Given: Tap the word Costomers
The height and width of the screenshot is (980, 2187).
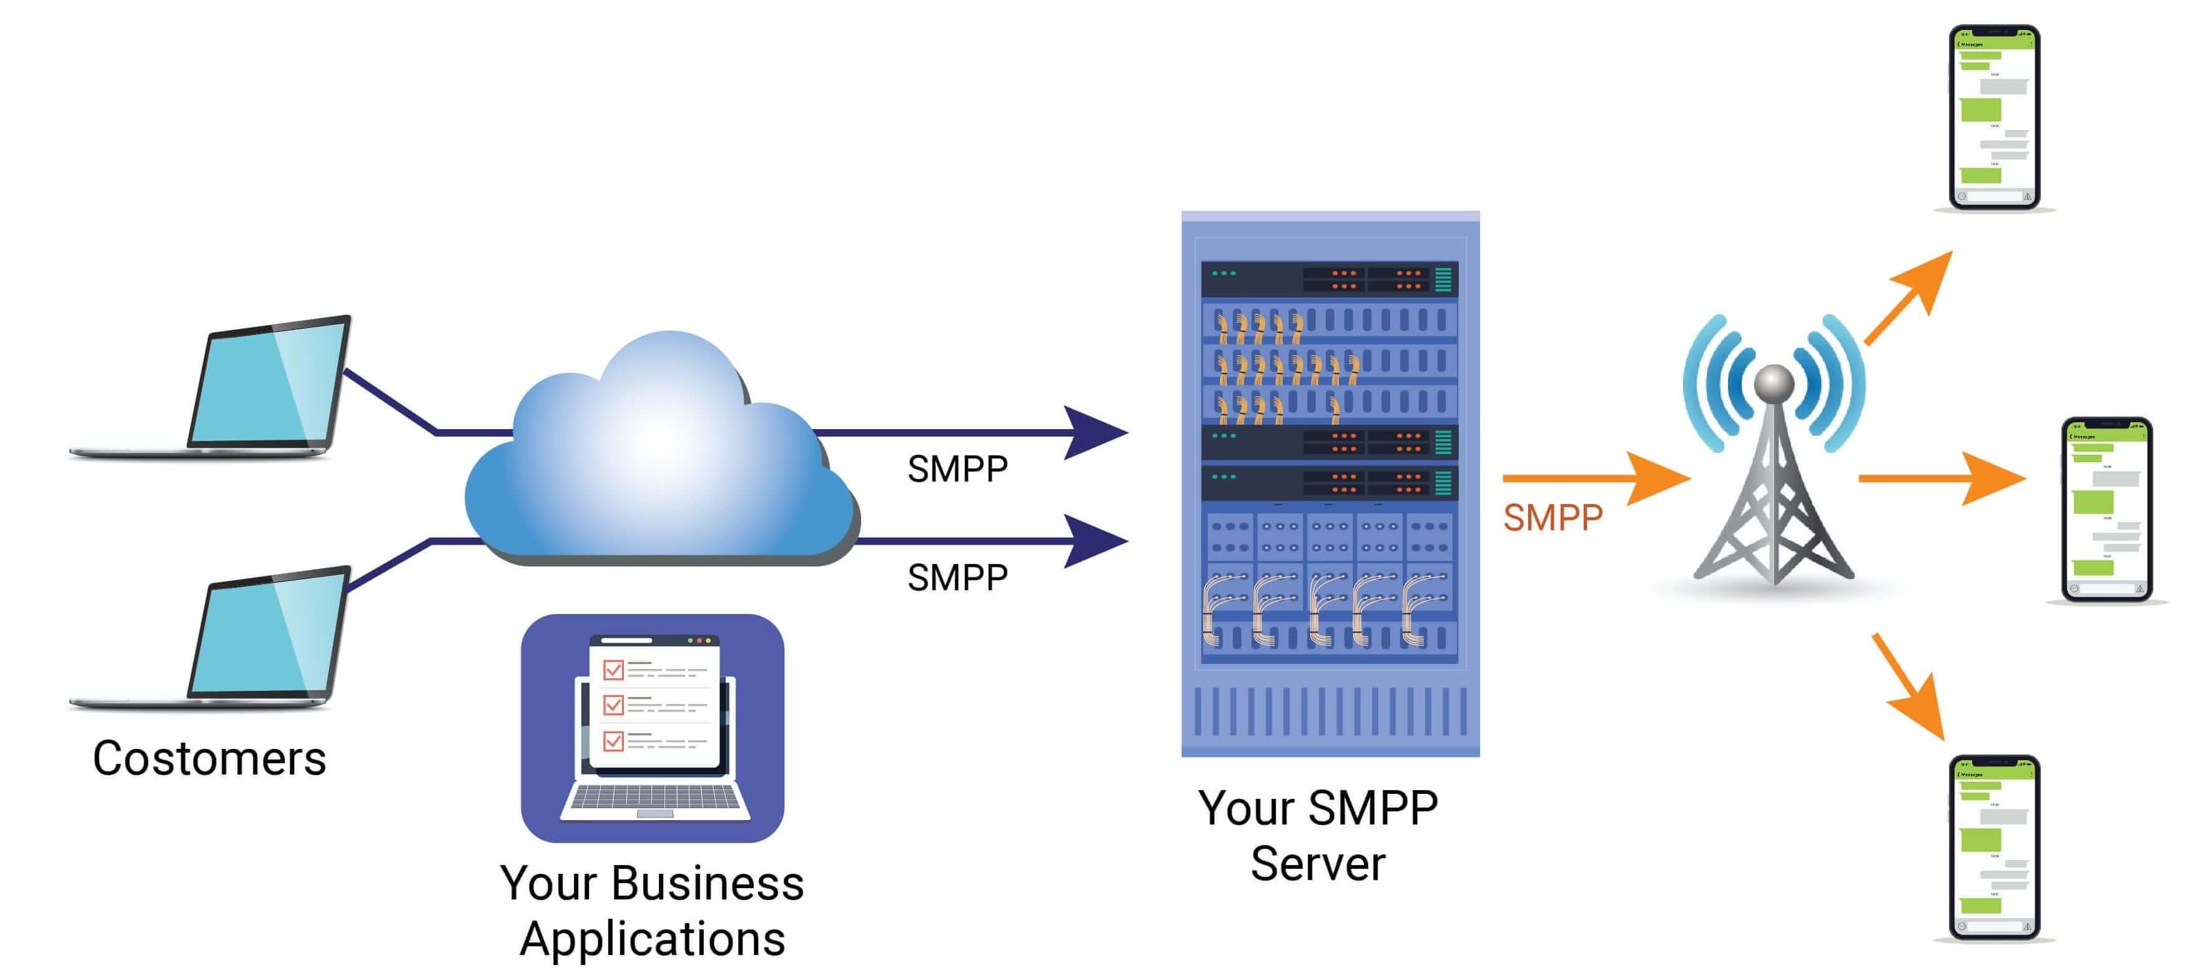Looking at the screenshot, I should click(209, 758).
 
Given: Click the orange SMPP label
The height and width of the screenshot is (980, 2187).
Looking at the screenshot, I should click(1552, 517).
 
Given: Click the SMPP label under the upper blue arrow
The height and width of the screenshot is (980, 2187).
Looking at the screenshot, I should click(957, 469).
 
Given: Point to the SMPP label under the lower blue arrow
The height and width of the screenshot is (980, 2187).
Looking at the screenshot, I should click(957, 578).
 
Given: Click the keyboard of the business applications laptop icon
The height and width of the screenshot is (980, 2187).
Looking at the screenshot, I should click(654, 798).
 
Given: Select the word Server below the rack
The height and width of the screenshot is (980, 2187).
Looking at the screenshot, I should click(1317, 864).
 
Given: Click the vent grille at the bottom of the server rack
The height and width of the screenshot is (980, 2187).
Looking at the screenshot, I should click(1330, 711).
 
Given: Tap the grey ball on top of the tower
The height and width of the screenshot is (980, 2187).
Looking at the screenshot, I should click(1774, 383).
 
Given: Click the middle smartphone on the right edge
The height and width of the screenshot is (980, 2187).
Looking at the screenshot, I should click(2106, 510).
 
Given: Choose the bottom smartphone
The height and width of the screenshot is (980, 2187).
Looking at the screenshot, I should click(1993, 848).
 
